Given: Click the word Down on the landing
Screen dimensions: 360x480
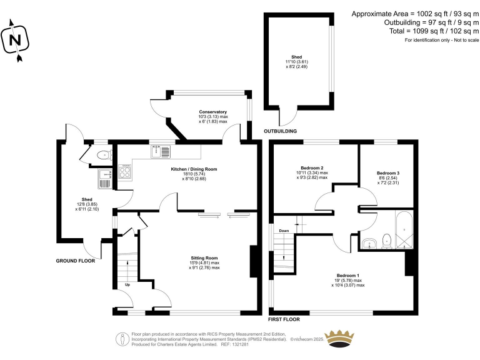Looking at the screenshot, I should click(x=284, y=231).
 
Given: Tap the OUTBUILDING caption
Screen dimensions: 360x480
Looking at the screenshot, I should click(x=280, y=131).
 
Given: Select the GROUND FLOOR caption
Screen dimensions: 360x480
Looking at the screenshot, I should click(x=76, y=261).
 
